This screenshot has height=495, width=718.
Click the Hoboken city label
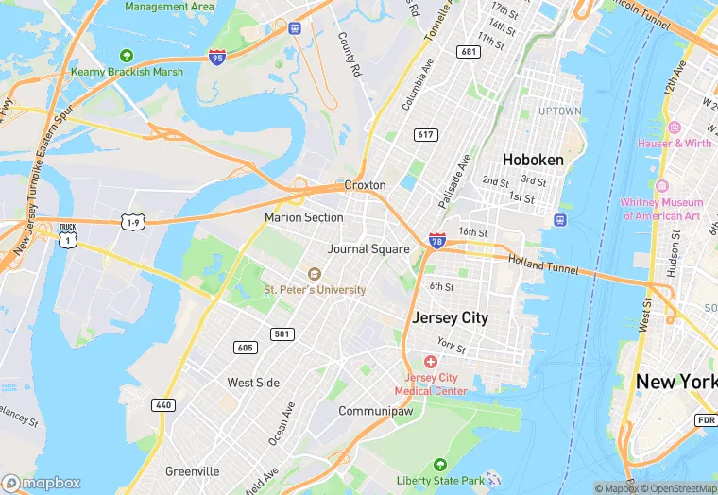click(x=533, y=160)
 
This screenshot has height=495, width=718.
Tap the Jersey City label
click(x=450, y=317)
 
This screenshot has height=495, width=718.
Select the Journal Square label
click(x=368, y=249)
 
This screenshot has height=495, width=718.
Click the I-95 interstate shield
click(x=216, y=58)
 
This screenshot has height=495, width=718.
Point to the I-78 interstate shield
click(x=436, y=241)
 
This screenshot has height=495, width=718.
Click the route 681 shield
click(x=468, y=51)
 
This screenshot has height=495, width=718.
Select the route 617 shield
click(x=425, y=135)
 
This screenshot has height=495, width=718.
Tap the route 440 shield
click(x=162, y=404)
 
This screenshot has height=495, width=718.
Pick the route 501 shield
click(x=281, y=333)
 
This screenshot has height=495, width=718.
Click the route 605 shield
click(x=245, y=348)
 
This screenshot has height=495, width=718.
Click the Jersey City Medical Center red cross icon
click(x=431, y=362)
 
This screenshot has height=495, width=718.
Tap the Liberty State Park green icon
click(x=439, y=465)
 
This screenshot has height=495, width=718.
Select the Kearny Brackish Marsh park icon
click(x=126, y=55)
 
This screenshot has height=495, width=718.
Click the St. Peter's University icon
click(x=315, y=273)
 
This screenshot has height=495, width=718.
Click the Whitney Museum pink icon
click(x=661, y=185)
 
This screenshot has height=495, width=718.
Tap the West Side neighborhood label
click(x=253, y=383)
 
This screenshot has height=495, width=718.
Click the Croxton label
click(x=365, y=185)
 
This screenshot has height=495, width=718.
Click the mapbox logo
click(x=43, y=482)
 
